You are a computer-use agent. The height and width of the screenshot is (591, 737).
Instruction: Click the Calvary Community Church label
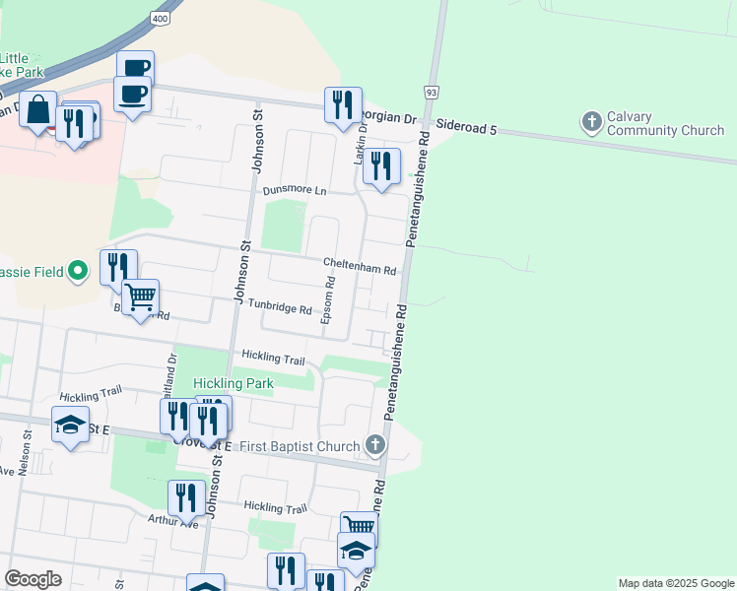(665, 123)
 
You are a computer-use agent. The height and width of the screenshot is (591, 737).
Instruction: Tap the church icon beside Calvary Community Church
(591, 123)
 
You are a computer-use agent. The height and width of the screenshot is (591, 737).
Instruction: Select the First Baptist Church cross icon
(373, 446)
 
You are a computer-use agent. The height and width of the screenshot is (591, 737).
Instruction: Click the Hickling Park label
(234, 383)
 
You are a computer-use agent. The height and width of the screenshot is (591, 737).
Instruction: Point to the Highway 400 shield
(161, 19)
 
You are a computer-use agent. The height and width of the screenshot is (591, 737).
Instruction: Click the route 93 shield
(432, 92)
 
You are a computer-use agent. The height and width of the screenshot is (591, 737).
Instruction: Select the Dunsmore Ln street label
(293, 190)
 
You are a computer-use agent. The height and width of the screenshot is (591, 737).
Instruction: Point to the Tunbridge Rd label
(279, 307)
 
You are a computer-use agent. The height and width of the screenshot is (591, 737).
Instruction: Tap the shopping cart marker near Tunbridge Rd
(140, 295)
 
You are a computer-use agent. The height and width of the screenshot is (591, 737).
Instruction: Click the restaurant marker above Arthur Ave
(186, 498)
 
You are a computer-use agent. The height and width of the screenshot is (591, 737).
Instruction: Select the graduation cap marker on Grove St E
(70, 425)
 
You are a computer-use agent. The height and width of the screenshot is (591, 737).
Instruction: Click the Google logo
(33, 579)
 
